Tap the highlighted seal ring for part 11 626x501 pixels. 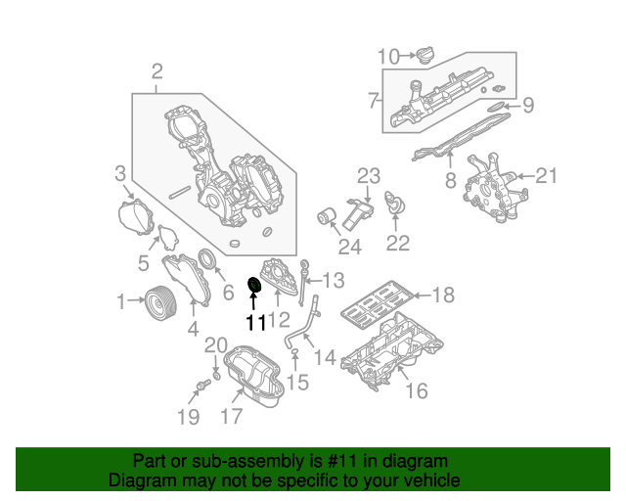click(255, 286)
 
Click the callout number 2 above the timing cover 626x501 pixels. click(156, 70)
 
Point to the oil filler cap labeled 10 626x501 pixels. click(427, 55)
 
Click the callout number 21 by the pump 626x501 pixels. click(545, 176)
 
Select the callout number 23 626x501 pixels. click(367, 176)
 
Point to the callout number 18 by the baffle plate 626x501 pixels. click(443, 295)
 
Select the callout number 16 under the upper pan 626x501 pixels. click(417, 391)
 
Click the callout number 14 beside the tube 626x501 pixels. click(325, 358)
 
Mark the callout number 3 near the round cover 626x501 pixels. click(119, 174)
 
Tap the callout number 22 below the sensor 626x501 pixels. click(398, 244)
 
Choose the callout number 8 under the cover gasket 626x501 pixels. click(450, 181)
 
